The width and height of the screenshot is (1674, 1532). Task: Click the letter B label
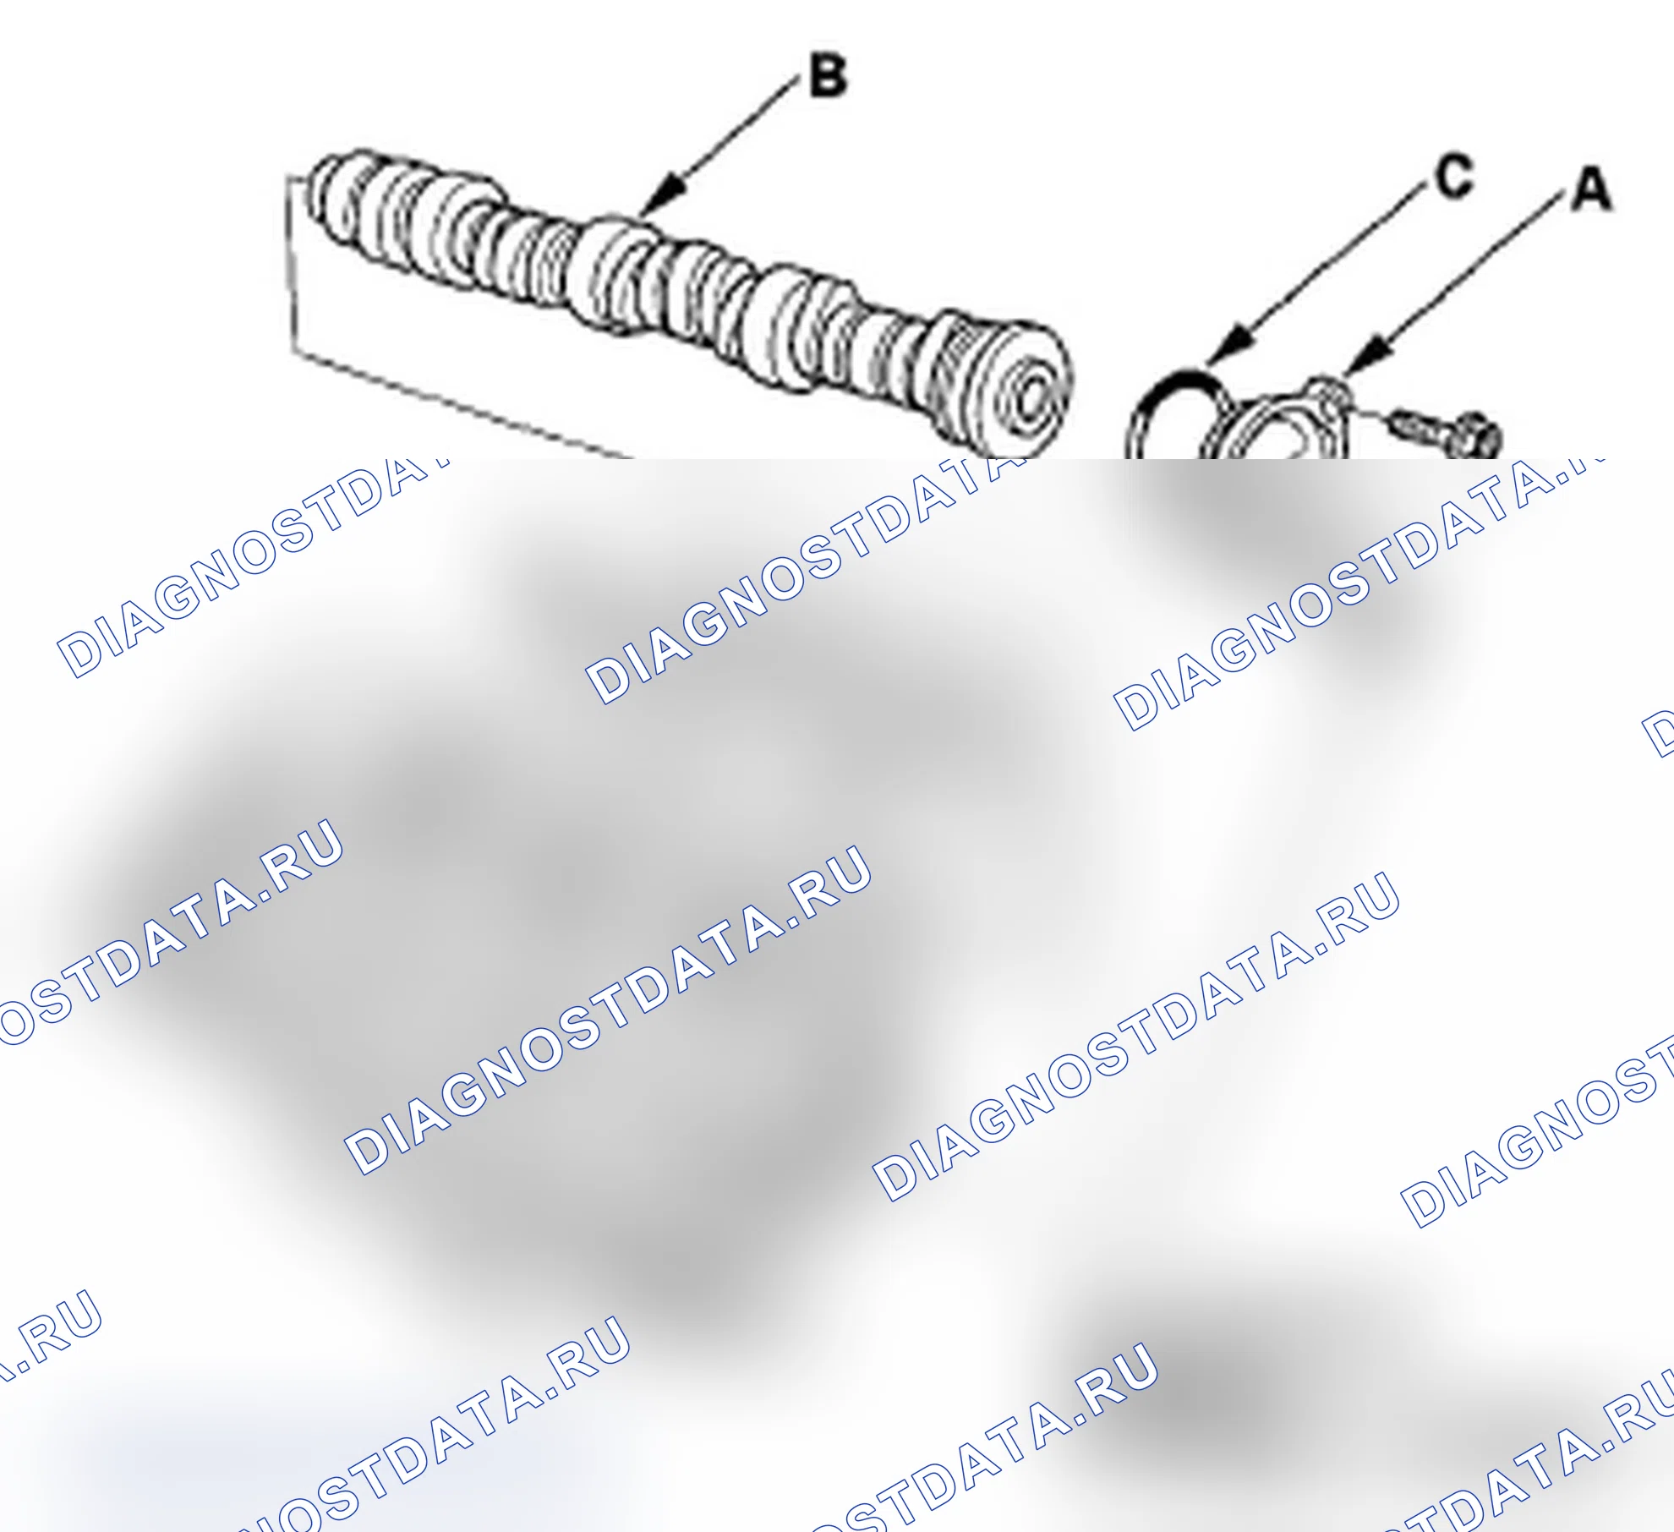coord(828,75)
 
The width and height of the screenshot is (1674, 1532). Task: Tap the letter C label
coord(1454,177)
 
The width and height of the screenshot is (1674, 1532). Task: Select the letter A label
coord(1592,189)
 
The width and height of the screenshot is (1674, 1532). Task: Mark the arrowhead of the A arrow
coord(1367,354)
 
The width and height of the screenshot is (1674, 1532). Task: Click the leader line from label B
coord(719,147)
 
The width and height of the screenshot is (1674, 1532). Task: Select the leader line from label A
coord(1454,283)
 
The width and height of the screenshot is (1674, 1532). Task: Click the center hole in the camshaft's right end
coord(1036,397)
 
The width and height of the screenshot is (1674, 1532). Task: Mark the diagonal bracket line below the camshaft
coord(462,405)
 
